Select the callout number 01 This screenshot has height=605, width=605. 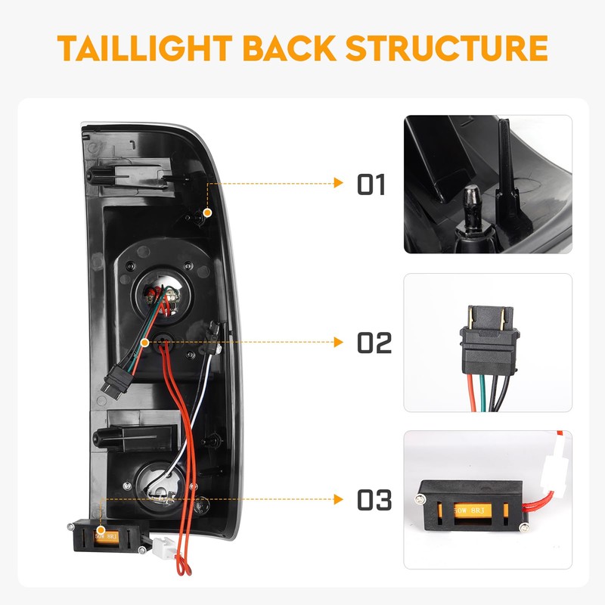click(x=371, y=185)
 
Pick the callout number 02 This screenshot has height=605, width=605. click(x=374, y=343)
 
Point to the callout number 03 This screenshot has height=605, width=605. click(x=374, y=500)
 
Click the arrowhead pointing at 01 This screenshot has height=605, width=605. click(x=339, y=182)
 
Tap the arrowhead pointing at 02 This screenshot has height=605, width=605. click(x=339, y=342)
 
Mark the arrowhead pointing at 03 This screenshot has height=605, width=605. click(x=339, y=498)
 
